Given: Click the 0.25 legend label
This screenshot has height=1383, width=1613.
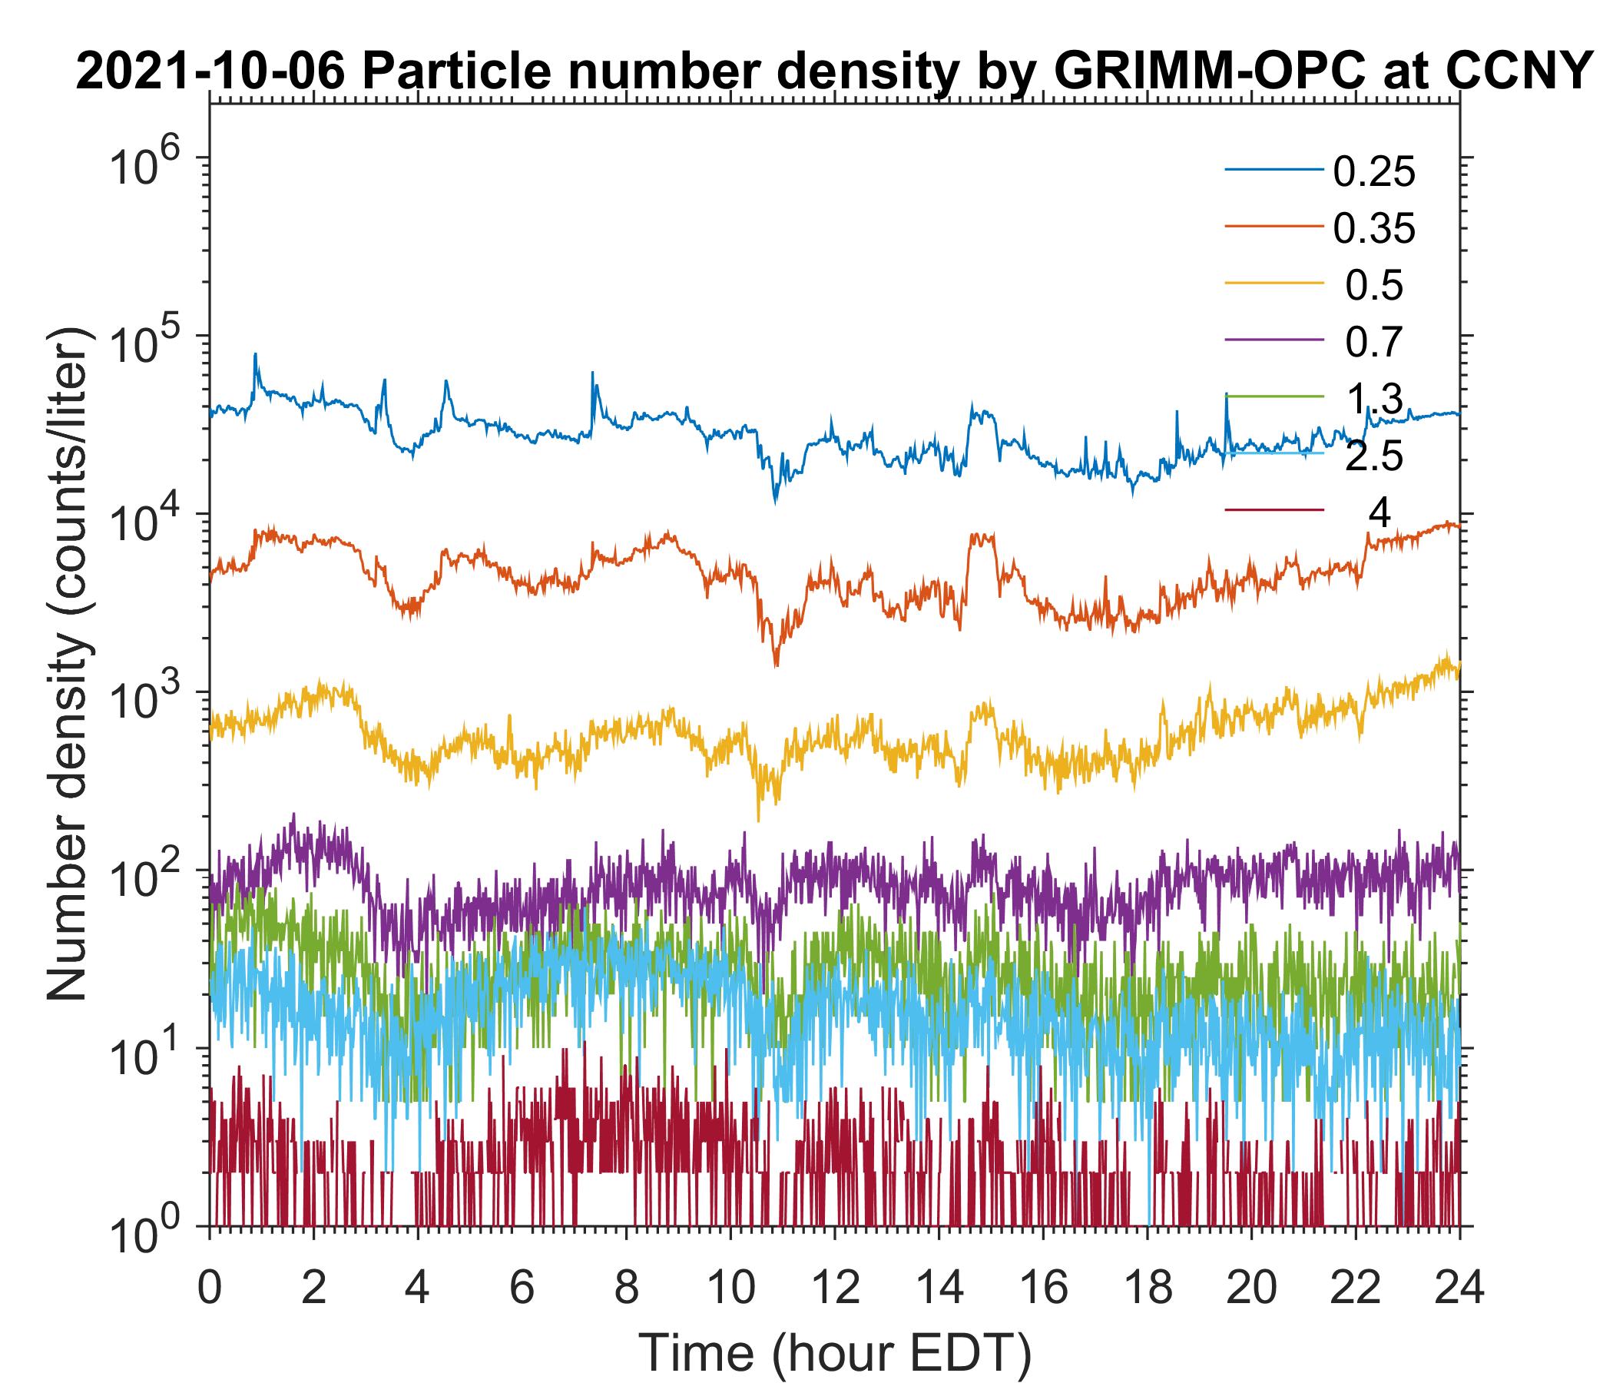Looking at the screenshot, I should [x=1373, y=173].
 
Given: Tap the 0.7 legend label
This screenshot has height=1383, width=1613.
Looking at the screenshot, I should [x=1373, y=343].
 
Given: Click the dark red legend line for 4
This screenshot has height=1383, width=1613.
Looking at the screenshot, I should [x=1274, y=511].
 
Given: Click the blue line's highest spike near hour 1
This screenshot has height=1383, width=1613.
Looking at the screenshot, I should [x=254, y=355].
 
